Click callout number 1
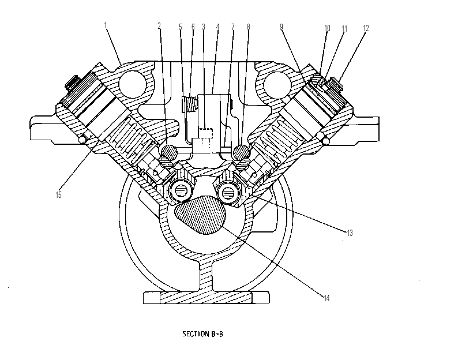106,25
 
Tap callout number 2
159,26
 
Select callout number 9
281,27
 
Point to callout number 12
366,28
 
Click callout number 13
350,233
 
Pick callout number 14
326,298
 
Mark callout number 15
58,195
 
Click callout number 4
217,27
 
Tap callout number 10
327,28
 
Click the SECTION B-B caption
202,334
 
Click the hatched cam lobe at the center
200,215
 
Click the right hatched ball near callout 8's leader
242,152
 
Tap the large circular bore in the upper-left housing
132,84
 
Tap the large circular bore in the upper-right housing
277,84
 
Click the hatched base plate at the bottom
207,298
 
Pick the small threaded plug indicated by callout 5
189,104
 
